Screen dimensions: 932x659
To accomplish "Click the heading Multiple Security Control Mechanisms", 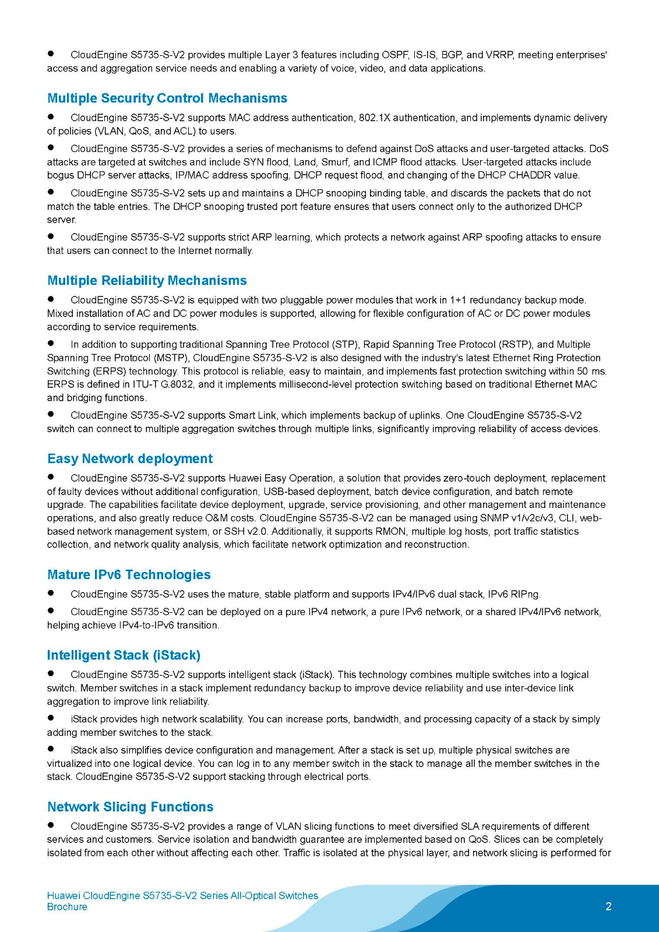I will pos(167,98).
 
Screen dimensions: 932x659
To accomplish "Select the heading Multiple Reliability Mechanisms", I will pos(147,280).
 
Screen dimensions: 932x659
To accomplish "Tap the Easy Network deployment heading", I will pos(130,458).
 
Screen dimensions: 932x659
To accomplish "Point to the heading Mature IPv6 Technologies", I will pos(129,574).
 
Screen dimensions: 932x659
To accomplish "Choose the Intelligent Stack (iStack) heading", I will pos(124,655).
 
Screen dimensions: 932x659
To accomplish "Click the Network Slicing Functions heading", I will pos(130,807).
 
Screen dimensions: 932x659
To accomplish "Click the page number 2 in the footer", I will pos(608,906).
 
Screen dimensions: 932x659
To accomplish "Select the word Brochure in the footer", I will pos(67,907).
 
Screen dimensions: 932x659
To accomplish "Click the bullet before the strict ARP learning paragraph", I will pos(51,236).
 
